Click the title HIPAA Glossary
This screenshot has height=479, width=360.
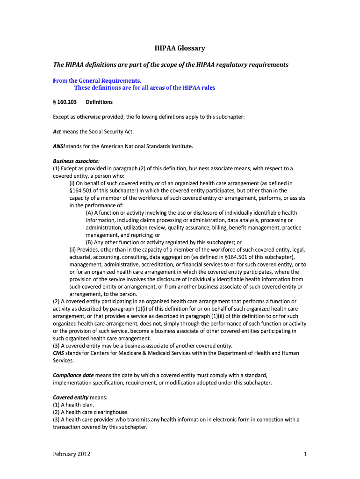tap(180, 48)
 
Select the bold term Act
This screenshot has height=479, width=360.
tap(57, 131)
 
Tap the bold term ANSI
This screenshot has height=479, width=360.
tap(59, 146)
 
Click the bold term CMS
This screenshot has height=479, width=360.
tap(58, 353)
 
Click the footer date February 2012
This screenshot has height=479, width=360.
tap(72, 454)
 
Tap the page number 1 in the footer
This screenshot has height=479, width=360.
tap(305, 454)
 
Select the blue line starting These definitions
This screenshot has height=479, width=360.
tap(144, 87)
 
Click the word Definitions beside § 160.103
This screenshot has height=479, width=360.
tap(99, 102)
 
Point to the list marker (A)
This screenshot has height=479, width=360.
tap(90, 213)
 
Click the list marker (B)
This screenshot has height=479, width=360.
tap(90, 242)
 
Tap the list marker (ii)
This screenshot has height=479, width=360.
tap(72, 250)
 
